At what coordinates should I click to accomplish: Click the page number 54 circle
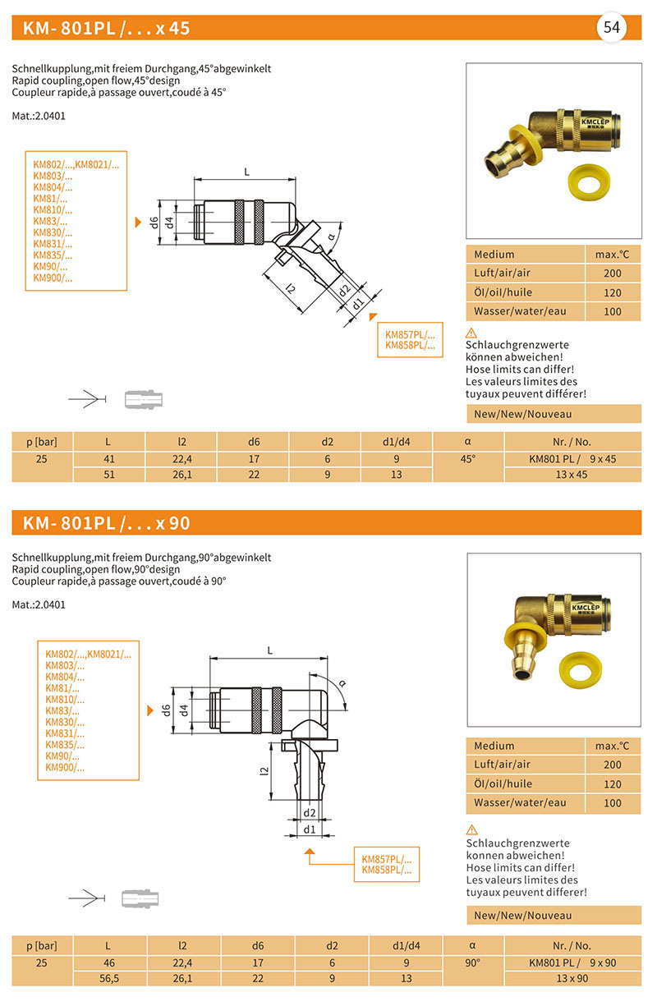click(611, 28)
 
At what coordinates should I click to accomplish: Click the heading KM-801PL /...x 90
click(107, 522)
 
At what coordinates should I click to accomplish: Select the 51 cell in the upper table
click(108, 475)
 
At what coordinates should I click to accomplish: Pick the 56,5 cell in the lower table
click(108, 978)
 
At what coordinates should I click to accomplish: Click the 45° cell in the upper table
click(467, 459)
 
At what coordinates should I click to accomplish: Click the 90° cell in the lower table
click(473, 962)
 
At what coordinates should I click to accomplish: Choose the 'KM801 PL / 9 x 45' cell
click(572, 459)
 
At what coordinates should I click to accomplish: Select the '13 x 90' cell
click(572, 978)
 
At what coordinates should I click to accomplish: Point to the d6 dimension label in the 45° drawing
click(153, 222)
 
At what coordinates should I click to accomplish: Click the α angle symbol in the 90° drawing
click(342, 683)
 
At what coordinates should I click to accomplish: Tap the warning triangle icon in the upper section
click(471, 333)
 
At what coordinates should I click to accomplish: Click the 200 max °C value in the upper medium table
click(612, 273)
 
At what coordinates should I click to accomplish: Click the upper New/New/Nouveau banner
click(553, 414)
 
